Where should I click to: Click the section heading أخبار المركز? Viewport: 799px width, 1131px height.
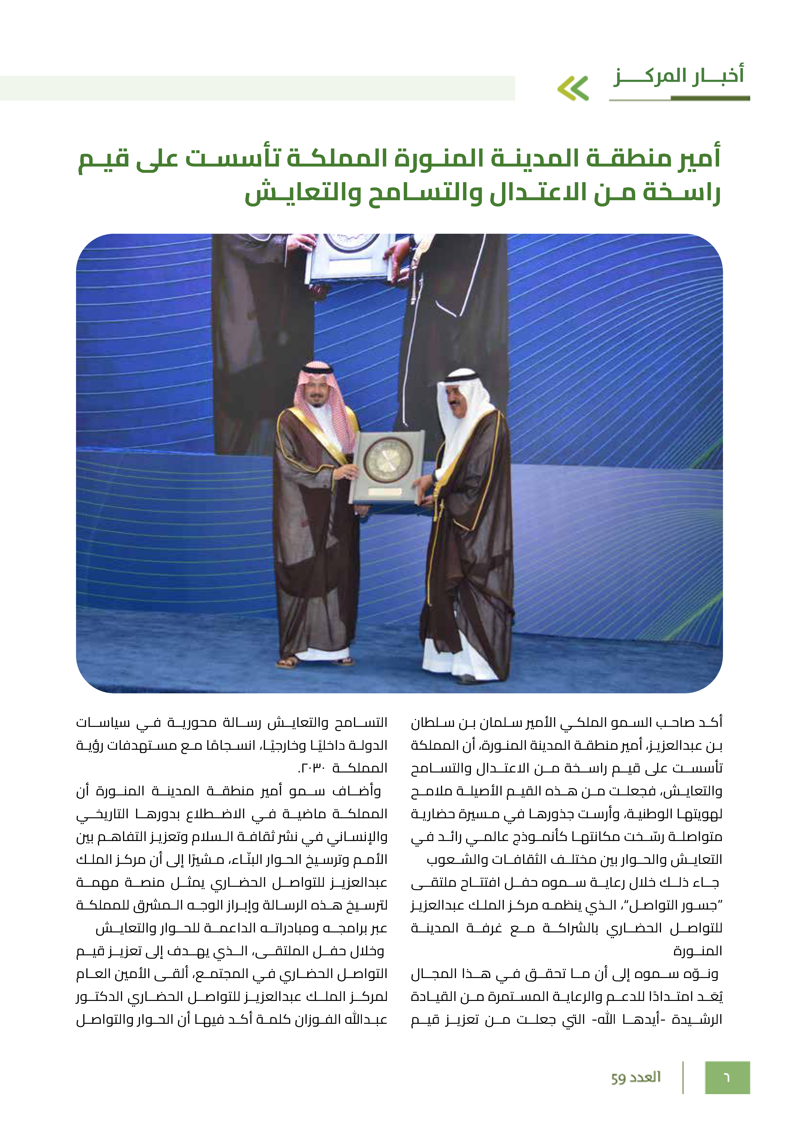pyautogui.click(x=678, y=76)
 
